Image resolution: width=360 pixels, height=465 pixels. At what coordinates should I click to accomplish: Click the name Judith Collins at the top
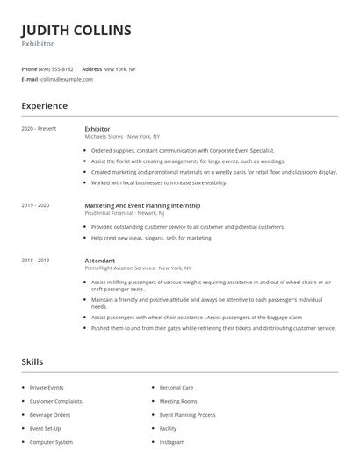pos(76,31)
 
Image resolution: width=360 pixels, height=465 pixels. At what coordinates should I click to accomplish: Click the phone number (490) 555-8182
pos(57,68)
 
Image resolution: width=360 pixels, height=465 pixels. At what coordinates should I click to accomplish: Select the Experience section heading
pos(45,106)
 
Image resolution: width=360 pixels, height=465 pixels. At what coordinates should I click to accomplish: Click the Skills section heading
pos(32,361)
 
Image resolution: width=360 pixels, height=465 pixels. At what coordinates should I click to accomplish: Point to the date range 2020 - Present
pos(39,129)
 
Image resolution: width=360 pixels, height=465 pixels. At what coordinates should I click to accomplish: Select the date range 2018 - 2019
pos(35,261)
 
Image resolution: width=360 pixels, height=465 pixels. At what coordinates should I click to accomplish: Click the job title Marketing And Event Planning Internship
pos(142,205)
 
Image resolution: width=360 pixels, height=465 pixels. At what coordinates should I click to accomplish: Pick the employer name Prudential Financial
pos(110,213)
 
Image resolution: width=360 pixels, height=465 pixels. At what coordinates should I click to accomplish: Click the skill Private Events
pos(47,387)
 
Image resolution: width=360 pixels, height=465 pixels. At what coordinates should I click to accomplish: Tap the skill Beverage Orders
pos(50,414)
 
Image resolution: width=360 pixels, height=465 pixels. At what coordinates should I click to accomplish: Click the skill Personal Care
pos(176,387)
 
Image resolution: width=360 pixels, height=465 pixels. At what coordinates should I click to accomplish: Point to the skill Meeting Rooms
pos(178,401)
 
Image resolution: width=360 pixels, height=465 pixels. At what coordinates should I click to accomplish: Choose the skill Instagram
pos(172,442)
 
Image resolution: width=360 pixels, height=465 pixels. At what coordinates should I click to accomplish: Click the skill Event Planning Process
pos(187,414)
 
